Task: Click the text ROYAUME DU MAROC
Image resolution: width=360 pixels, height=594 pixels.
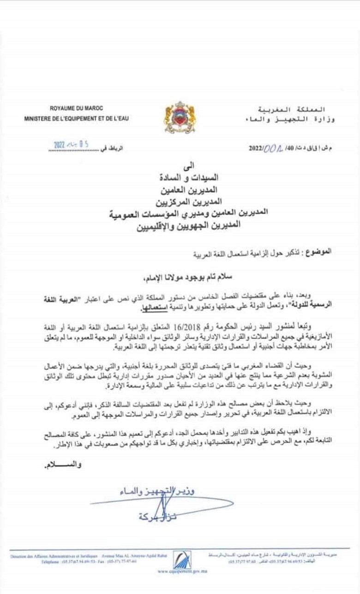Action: (77, 109)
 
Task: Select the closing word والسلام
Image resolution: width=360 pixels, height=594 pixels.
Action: (61, 465)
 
